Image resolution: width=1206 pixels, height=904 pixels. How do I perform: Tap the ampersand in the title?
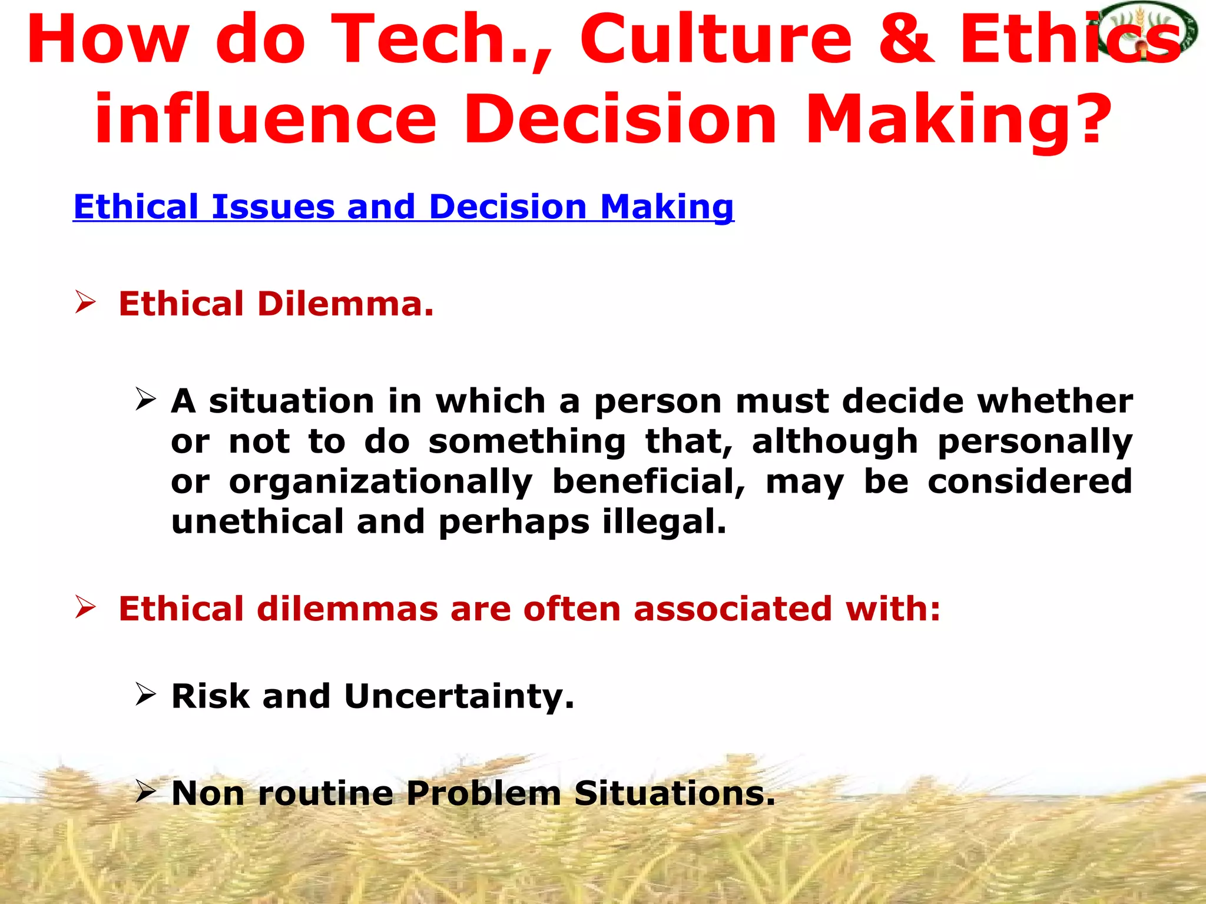click(906, 40)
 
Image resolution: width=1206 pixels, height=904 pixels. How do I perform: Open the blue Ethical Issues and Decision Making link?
click(403, 207)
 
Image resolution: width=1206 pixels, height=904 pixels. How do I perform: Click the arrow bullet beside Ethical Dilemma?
click(85, 303)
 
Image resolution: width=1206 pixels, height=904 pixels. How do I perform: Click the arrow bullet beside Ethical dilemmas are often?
click(85, 607)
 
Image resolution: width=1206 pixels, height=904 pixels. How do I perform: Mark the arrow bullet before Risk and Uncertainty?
click(145, 694)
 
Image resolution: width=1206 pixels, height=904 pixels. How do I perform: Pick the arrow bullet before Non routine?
click(145, 792)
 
